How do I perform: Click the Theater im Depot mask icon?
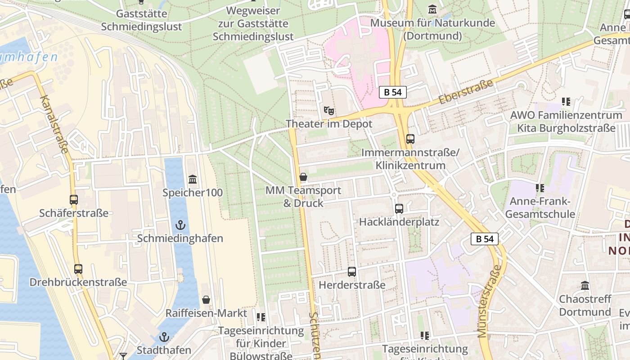(329, 110)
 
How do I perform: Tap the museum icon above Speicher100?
(193, 180)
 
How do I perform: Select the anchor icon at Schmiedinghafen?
(180, 225)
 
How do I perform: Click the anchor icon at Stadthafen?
(164, 337)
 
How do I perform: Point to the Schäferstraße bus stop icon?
(74, 200)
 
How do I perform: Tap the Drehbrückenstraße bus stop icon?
(78, 269)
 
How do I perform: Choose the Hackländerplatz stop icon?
(399, 209)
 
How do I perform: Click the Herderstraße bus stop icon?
(352, 272)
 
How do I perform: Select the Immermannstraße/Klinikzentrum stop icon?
(410, 139)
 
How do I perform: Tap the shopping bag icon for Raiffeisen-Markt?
(206, 300)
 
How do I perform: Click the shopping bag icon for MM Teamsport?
(303, 177)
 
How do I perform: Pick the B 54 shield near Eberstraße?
(393, 92)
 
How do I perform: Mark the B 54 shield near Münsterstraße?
(485, 239)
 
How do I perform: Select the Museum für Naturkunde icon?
(432, 9)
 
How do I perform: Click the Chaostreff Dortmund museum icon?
(585, 286)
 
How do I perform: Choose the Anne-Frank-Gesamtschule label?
(540, 207)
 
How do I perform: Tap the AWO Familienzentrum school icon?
(566, 102)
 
